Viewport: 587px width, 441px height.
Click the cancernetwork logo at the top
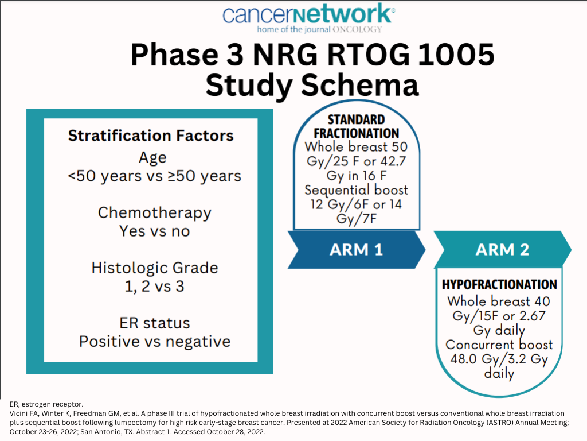click(309, 18)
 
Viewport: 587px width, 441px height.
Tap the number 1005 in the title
click(456, 55)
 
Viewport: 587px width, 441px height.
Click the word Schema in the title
click(360, 85)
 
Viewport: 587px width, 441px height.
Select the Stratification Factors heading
click(151, 136)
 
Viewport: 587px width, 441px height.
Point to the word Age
click(152, 157)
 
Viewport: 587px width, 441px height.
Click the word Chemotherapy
click(155, 213)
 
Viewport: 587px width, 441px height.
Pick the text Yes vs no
click(155, 231)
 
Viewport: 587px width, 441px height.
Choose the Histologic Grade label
click(155, 268)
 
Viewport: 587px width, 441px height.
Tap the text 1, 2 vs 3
click(154, 287)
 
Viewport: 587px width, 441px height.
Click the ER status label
click(155, 323)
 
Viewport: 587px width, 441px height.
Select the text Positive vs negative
click(155, 342)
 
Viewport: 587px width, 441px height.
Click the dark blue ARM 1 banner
click(357, 250)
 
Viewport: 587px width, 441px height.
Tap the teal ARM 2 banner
click(502, 250)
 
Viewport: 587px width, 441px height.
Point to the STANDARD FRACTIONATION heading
click(357, 126)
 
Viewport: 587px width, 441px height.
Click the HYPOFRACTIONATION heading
click(499, 285)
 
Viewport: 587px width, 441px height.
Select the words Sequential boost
click(357, 190)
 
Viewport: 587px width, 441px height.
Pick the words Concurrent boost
click(499, 345)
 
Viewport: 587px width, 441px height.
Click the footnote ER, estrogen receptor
click(46, 404)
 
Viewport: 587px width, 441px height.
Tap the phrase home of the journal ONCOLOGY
click(319, 29)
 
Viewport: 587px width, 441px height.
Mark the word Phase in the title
click(174, 55)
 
